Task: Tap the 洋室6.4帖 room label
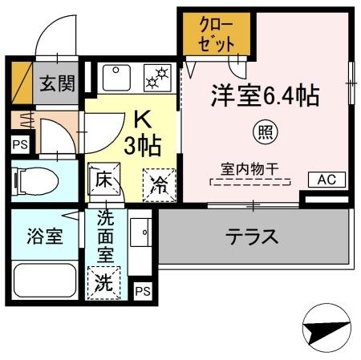(x=265, y=96)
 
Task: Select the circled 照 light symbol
(x=263, y=129)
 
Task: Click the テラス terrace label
(x=251, y=237)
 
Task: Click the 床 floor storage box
(x=103, y=180)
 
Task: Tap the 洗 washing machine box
(x=104, y=283)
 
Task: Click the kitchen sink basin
(x=117, y=78)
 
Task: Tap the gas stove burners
(x=157, y=78)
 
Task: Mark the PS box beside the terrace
(x=143, y=291)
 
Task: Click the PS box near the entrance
(x=19, y=145)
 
